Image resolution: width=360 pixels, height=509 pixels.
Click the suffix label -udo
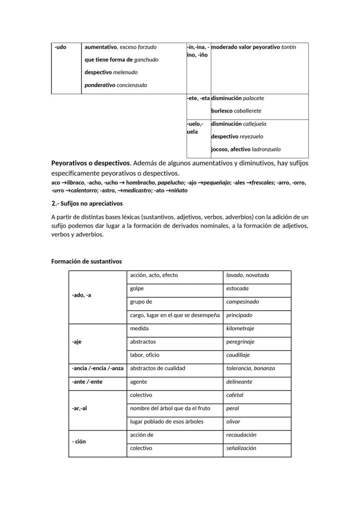60,47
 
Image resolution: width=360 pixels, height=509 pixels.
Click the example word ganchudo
146,60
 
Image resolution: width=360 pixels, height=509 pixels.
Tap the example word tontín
289,47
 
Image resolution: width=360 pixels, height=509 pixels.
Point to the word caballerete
247,111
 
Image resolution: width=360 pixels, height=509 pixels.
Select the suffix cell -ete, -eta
198,98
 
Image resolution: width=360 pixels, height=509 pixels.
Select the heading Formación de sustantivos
87,261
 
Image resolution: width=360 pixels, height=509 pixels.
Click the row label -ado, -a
81,295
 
